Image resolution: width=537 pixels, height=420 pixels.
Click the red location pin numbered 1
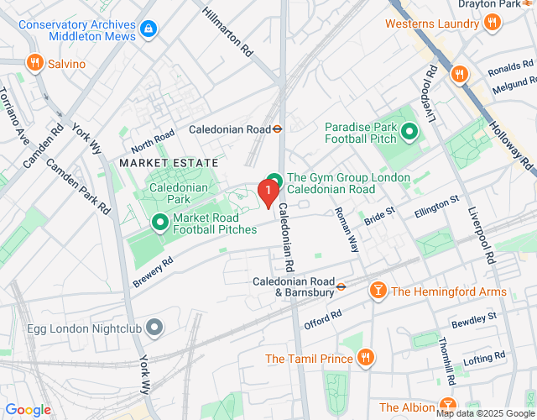(268, 192)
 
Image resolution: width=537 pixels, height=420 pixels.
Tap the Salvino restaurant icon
(34, 62)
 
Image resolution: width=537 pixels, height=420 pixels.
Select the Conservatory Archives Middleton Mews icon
(149, 29)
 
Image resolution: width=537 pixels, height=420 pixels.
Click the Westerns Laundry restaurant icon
(492, 24)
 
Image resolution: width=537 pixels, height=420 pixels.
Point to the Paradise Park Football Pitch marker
(409, 132)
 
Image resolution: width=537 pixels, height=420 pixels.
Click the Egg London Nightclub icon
(154, 327)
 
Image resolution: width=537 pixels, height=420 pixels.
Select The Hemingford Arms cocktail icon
(378, 291)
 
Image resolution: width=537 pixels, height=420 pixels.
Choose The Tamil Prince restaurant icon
(366, 359)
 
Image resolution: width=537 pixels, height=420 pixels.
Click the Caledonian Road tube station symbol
(278, 129)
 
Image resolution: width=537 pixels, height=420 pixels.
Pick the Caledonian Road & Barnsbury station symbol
(341, 286)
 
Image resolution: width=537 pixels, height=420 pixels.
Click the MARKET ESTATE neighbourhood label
(168, 162)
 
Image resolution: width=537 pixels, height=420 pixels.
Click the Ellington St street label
(437, 207)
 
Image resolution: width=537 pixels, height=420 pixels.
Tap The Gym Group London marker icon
(273, 178)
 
